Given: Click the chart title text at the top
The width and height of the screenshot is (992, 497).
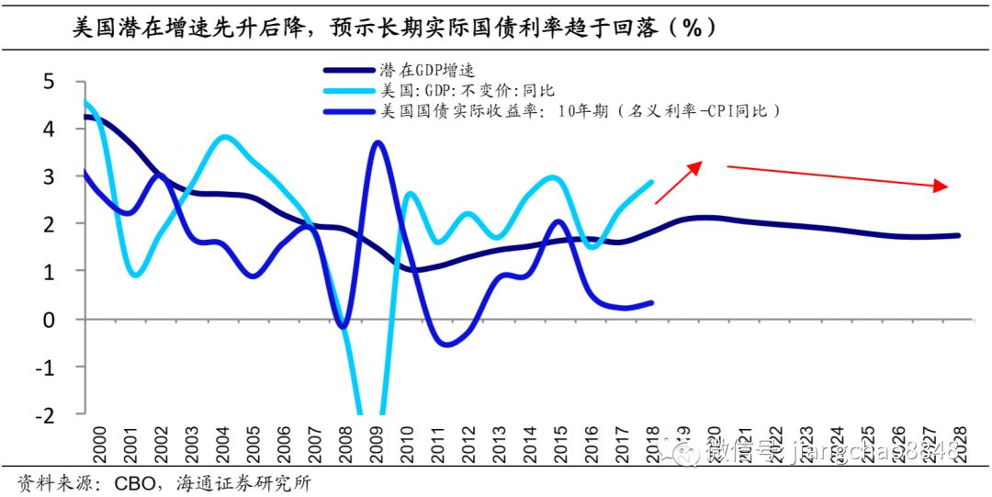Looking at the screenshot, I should point(395,27).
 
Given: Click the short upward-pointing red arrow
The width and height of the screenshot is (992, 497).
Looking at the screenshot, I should point(680,181).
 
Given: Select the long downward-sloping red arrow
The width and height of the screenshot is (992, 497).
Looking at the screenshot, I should point(837,176).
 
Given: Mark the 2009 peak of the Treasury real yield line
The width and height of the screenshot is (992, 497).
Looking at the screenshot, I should point(377,142).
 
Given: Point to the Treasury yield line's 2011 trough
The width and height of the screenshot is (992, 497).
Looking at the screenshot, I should point(445,345).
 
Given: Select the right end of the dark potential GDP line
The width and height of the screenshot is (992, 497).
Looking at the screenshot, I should point(958,236).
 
